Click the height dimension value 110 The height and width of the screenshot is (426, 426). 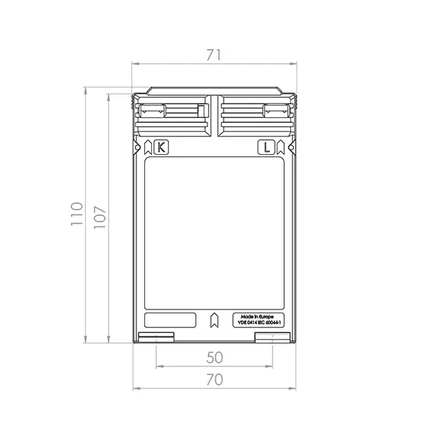pyautogui.click(x=76, y=214)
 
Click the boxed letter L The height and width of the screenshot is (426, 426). pyautogui.click(x=265, y=148)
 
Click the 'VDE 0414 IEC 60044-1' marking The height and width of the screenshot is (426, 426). pyautogui.click(x=258, y=323)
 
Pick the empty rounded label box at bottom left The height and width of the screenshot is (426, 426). pyautogui.click(x=170, y=319)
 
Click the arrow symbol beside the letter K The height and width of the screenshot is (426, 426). pyautogui.click(x=148, y=148)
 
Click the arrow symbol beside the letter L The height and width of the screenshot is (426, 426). pyautogui.click(x=279, y=148)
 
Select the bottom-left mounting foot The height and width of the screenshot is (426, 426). pyautogui.click(x=155, y=337)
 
